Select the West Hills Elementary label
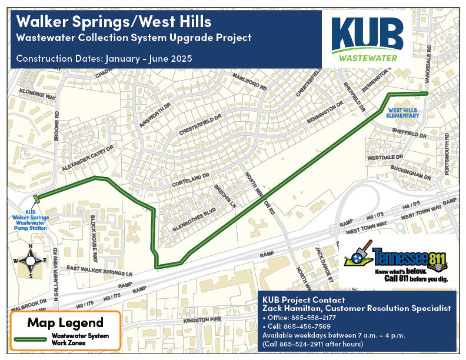click(x=402, y=112)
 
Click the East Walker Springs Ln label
click(x=99, y=272)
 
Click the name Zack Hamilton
click(x=291, y=308)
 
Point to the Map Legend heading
click(x=65, y=322)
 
